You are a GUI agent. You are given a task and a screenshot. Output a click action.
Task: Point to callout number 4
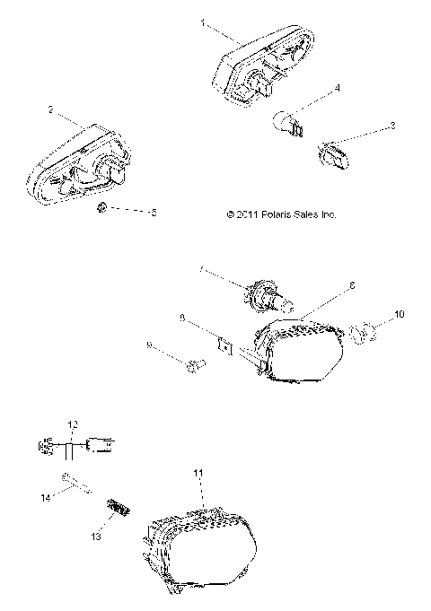337,87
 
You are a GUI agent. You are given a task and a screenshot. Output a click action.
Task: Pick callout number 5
154,213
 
